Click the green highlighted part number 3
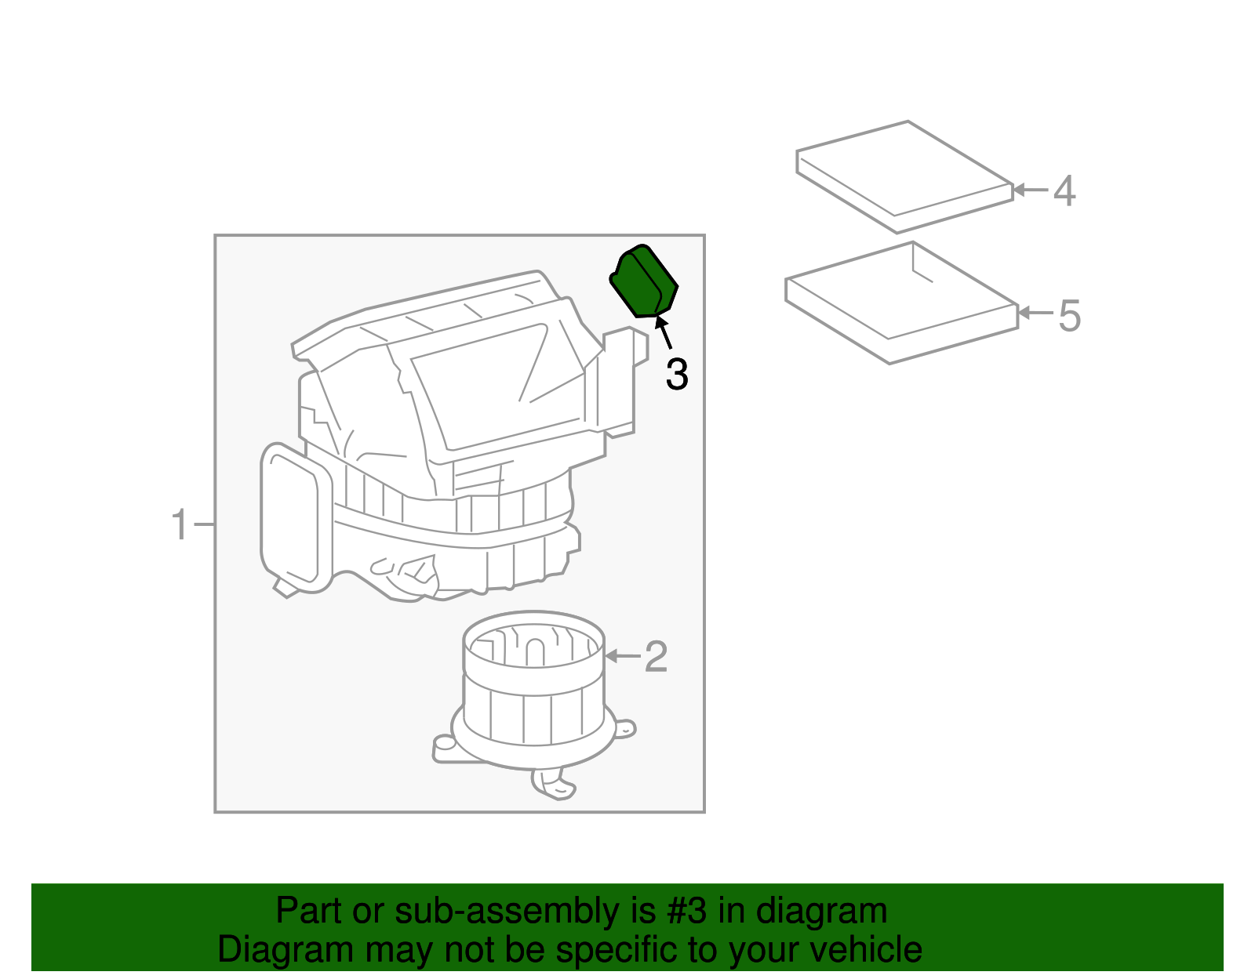[644, 281]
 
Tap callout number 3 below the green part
[676, 375]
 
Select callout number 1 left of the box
[180, 524]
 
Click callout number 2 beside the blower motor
[656, 656]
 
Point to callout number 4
[1064, 190]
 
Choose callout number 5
[1069, 315]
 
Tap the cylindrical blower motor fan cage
[533, 682]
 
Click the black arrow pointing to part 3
[664, 332]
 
